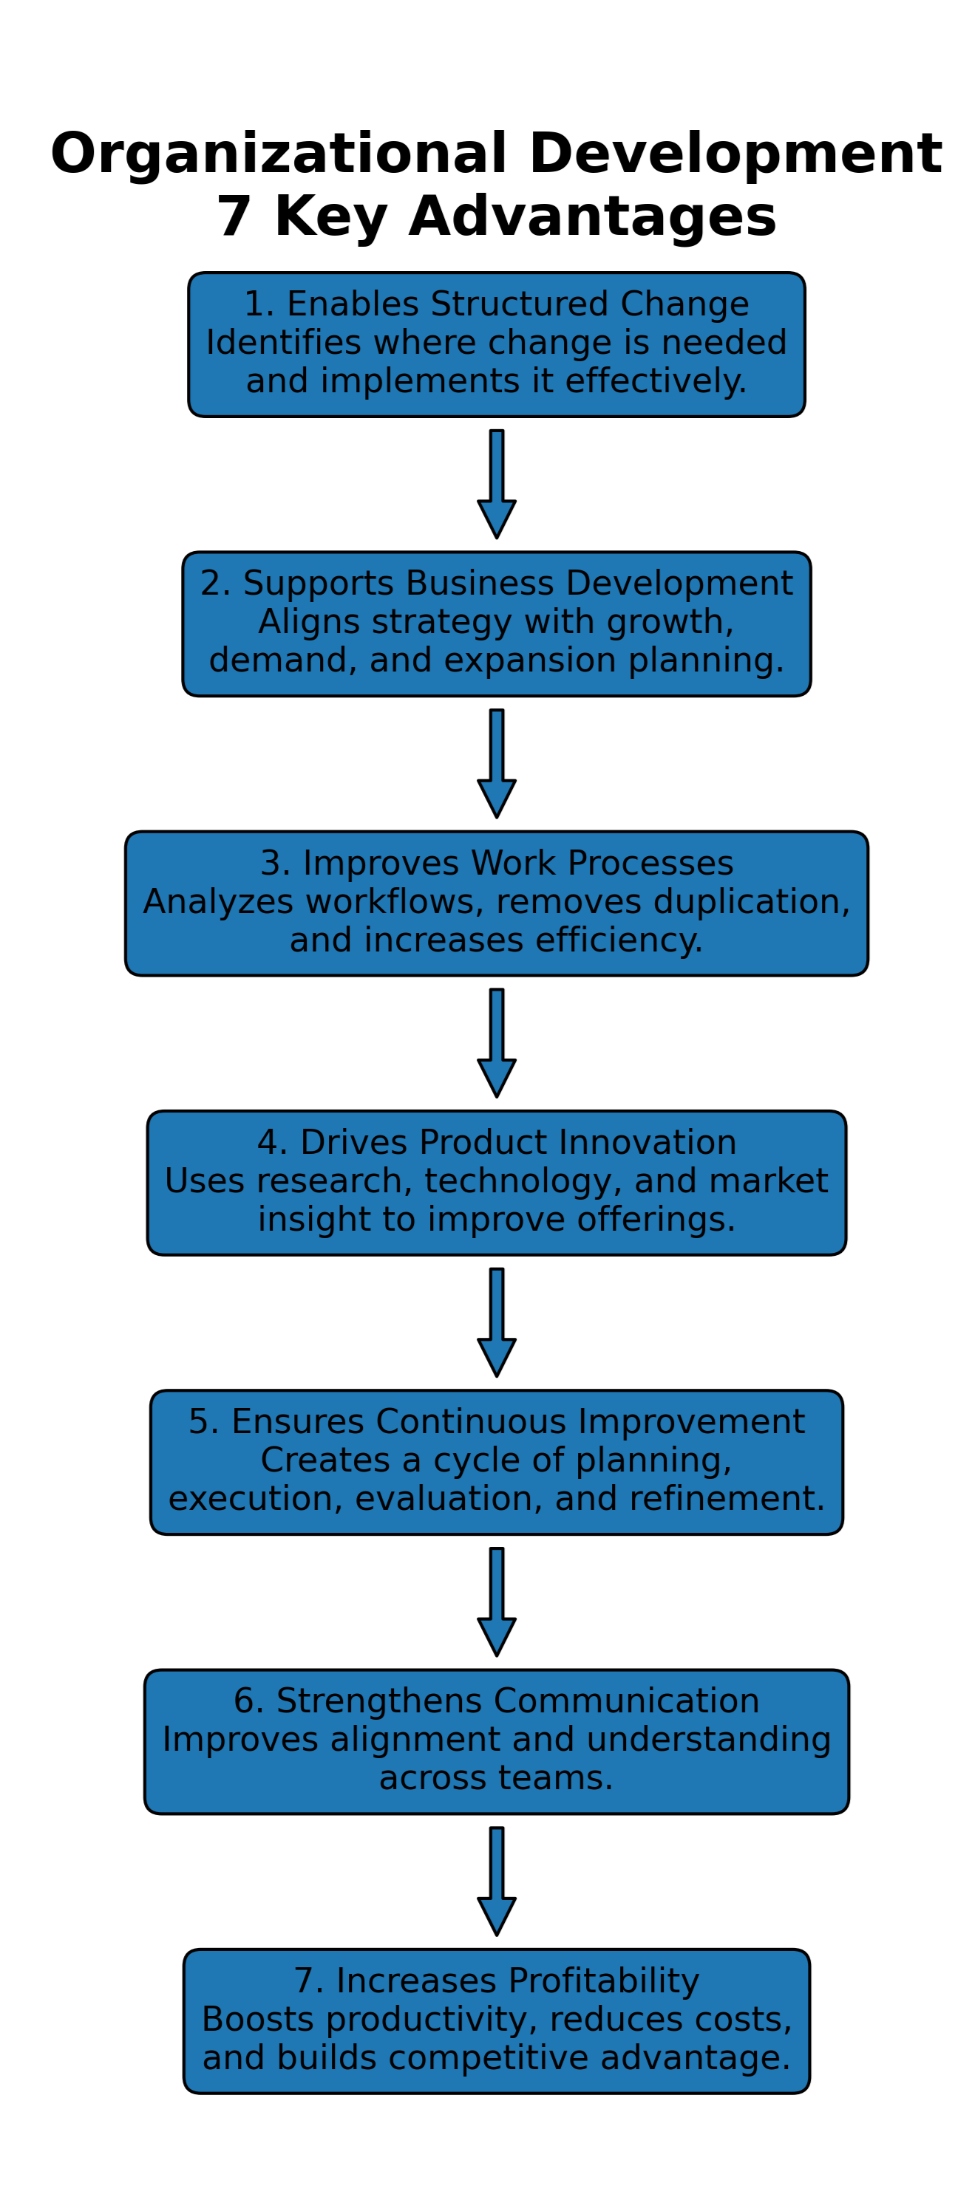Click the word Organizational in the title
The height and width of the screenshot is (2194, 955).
click(x=279, y=154)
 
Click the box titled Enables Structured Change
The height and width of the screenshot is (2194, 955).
click(x=496, y=344)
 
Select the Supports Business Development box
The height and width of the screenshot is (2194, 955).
click(x=496, y=623)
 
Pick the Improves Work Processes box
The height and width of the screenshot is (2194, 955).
click(x=496, y=903)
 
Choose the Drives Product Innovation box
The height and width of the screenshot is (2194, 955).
click(x=496, y=1182)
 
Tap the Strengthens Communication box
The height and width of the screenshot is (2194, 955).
click(x=496, y=1741)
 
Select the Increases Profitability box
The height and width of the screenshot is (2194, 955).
click(x=496, y=2020)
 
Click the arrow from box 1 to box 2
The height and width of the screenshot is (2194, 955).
click(x=497, y=484)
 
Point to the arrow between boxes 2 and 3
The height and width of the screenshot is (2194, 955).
click(x=497, y=763)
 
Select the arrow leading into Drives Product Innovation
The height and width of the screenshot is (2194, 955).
click(x=497, y=1042)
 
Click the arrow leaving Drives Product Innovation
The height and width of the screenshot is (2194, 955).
click(x=497, y=1322)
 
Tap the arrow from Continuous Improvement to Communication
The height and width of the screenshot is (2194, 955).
click(x=497, y=1602)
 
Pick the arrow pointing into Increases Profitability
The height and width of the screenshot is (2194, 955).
click(x=497, y=1881)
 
